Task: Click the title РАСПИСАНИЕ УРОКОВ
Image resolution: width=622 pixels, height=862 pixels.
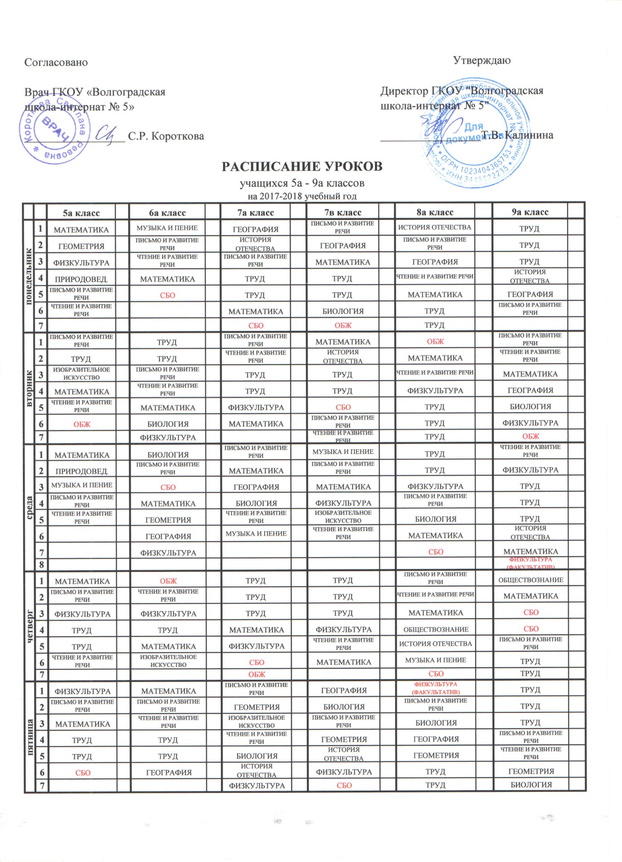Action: point(302,167)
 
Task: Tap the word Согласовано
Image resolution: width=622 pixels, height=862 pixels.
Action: point(56,62)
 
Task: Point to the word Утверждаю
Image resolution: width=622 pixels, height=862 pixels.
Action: point(481,60)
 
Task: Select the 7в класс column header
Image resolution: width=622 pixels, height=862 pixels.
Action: point(343,212)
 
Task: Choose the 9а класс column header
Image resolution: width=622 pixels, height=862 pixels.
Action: point(530,212)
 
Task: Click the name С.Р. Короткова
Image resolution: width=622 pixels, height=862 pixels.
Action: point(166,136)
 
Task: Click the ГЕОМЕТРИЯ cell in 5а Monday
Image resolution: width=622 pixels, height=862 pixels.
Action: point(81,246)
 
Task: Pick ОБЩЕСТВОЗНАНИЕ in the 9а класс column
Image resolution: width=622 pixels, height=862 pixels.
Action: point(530,580)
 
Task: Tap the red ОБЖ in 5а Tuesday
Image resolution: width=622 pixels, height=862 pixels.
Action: point(82,424)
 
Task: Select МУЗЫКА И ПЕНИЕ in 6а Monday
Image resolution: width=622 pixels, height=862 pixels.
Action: point(167,228)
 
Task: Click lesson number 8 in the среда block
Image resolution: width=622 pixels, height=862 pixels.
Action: point(41,564)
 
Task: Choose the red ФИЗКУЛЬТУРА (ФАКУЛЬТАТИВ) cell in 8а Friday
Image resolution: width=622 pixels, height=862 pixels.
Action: point(436,688)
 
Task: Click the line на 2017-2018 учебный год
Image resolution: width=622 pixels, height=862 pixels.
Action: point(302,196)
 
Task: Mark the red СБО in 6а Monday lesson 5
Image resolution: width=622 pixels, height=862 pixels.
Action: point(167,295)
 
